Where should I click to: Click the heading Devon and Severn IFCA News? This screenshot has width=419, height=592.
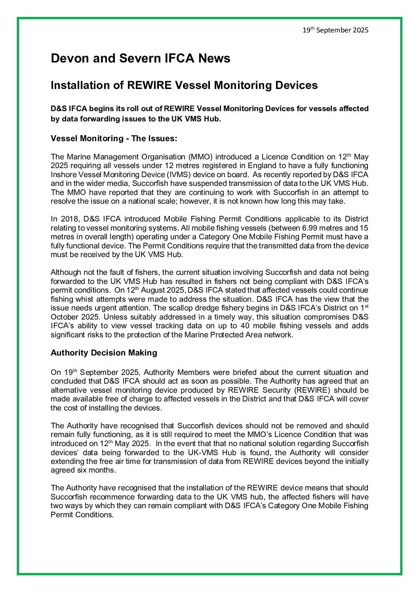click(x=140, y=59)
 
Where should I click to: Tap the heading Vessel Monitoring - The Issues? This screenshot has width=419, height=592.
click(x=114, y=138)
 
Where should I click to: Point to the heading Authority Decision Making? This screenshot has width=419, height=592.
click(x=104, y=353)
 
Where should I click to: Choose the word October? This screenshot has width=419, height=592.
click(x=63, y=317)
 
